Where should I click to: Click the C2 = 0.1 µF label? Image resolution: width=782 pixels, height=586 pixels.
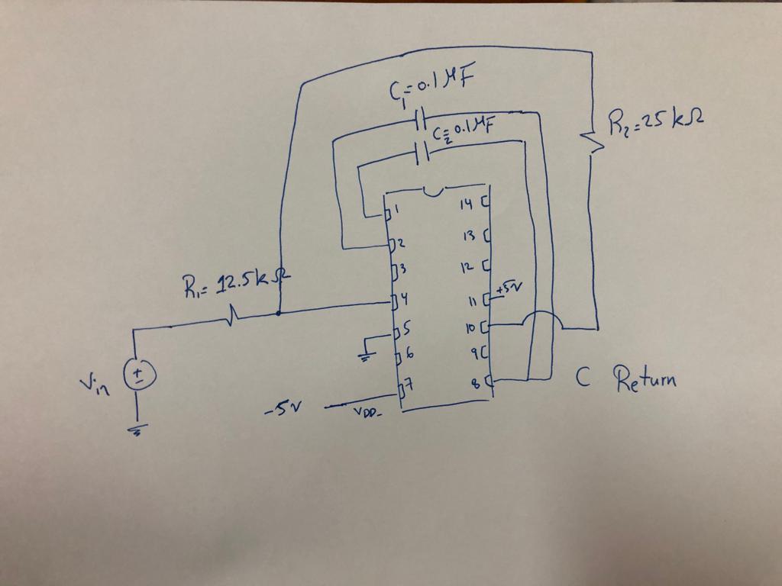click(461, 134)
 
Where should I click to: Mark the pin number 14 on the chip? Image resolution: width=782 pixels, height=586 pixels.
click(468, 204)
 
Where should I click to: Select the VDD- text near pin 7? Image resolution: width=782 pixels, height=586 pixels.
click(367, 413)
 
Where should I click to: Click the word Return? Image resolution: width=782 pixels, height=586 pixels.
click(645, 378)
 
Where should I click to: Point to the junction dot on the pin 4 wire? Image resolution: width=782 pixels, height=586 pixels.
click(279, 312)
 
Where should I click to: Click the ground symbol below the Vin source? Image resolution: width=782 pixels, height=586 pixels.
click(138, 430)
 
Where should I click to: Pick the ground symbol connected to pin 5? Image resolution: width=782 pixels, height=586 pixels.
click(367, 355)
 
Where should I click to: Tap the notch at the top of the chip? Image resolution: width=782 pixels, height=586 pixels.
click(435, 192)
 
